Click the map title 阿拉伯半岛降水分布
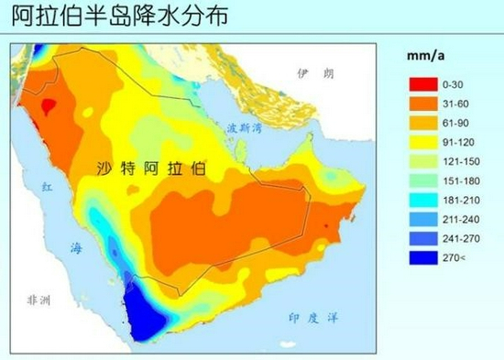[x=115, y=16]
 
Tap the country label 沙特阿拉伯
[x=152, y=169]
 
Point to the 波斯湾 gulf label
[x=247, y=128]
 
